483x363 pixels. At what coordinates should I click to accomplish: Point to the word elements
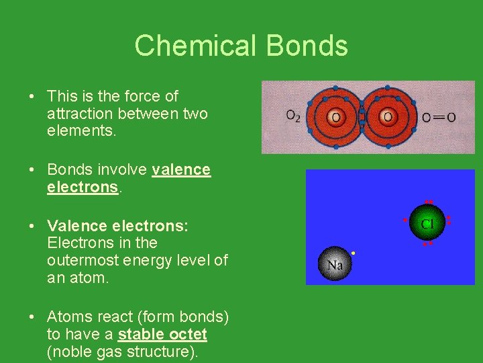pyautogui.click(x=81, y=131)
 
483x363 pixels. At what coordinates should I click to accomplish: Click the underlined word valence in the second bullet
pyautogui.click(x=181, y=169)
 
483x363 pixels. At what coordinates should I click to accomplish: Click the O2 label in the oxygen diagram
pyautogui.click(x=293, y=117)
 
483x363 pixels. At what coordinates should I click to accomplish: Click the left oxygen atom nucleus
pyautogui.click(x=335, y=118)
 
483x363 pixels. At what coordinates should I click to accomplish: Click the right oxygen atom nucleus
pyautogui.click(x=388, y=118)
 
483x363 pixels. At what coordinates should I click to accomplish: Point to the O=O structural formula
pyautogui.click(x=439, y=118)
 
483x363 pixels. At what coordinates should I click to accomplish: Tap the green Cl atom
pyautogui.click(x=427, y=223)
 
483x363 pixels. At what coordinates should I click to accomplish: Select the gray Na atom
pyautogui.click(x=335, y=265)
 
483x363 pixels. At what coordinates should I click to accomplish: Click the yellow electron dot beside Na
pyautogui.click(x=353, y=253)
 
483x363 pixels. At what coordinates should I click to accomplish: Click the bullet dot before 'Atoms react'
pyautogui.click(x=32, y=317)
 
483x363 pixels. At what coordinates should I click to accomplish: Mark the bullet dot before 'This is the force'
pyautogui.click(x=32, y=97)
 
